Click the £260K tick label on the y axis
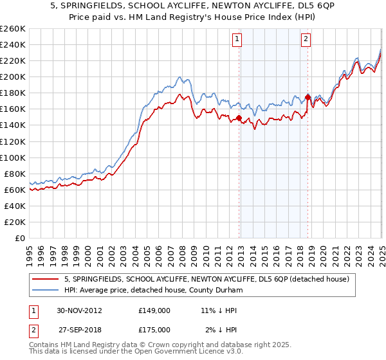[12, 29]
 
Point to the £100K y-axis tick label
[12, 157]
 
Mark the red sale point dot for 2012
[239, 118]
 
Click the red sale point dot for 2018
[308, 97]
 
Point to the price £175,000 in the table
[154, 330]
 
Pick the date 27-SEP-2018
[78, 330]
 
